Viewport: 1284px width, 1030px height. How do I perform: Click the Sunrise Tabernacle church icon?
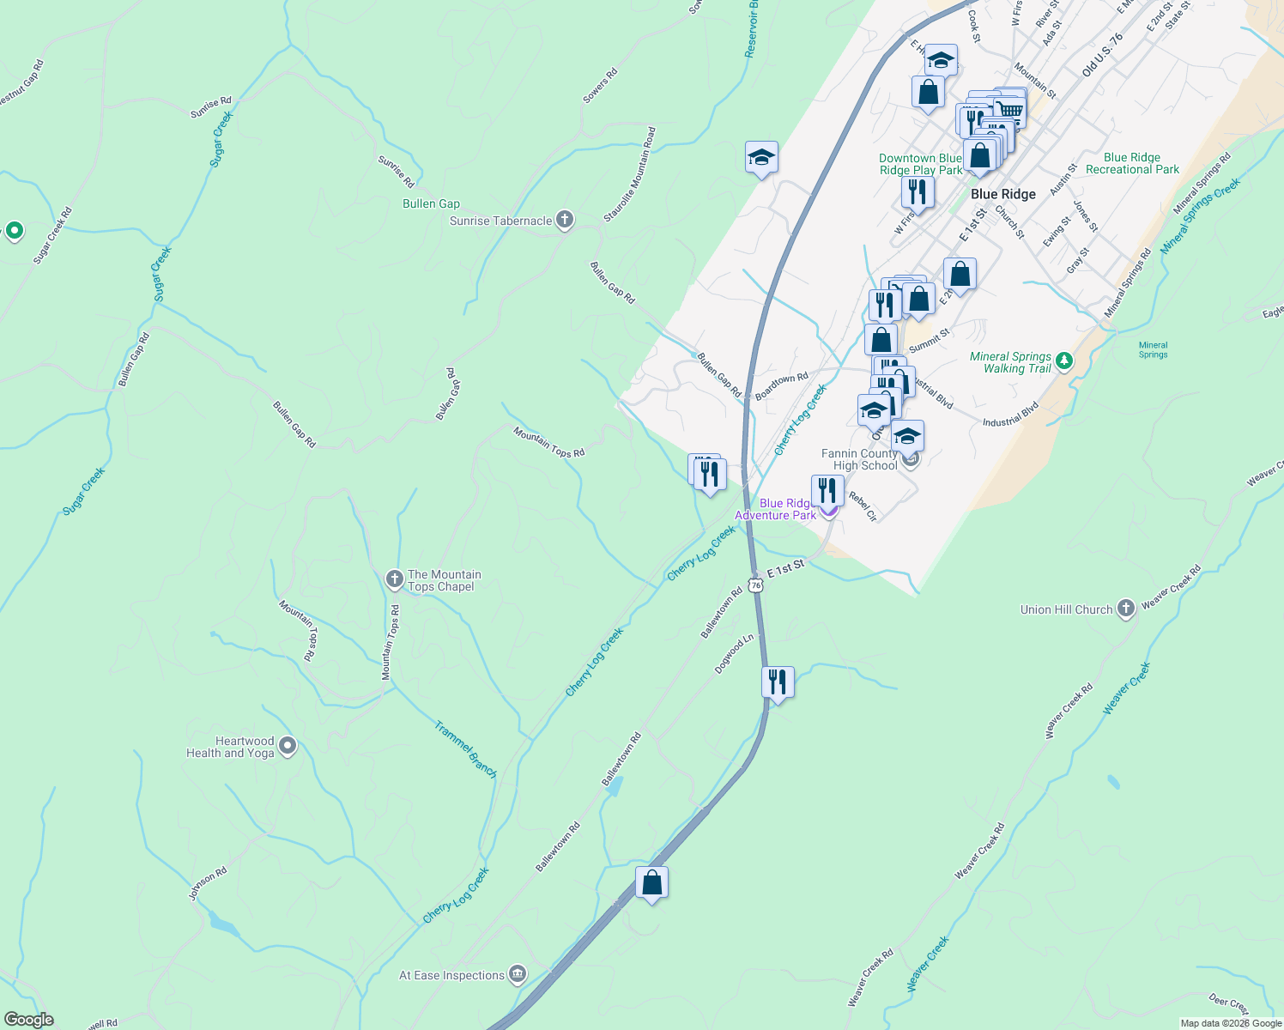564,220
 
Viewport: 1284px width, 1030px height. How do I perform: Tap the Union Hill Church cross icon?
1125,609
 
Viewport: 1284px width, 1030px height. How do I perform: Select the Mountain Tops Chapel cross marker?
394,579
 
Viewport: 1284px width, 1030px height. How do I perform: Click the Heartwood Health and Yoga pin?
288,746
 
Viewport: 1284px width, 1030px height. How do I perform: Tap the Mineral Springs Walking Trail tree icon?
1064,360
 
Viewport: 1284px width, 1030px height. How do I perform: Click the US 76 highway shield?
755,585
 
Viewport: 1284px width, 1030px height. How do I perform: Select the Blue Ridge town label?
1002,194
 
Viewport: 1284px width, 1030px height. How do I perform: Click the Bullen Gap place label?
431,203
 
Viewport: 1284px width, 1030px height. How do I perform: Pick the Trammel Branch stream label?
465,749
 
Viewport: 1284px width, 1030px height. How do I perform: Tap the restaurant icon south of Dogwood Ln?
777,682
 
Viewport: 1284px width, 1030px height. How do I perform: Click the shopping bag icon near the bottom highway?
651,882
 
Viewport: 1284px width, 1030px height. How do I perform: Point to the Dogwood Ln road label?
734,653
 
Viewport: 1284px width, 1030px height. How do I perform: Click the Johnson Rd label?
208,883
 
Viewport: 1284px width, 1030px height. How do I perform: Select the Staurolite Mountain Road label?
629,175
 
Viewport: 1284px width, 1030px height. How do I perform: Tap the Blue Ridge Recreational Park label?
1132,163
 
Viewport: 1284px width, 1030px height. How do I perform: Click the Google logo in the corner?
28,1020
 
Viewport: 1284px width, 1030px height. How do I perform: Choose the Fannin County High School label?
859,459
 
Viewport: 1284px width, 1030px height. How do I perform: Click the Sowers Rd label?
600,86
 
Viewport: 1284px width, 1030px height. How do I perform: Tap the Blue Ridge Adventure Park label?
776,509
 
